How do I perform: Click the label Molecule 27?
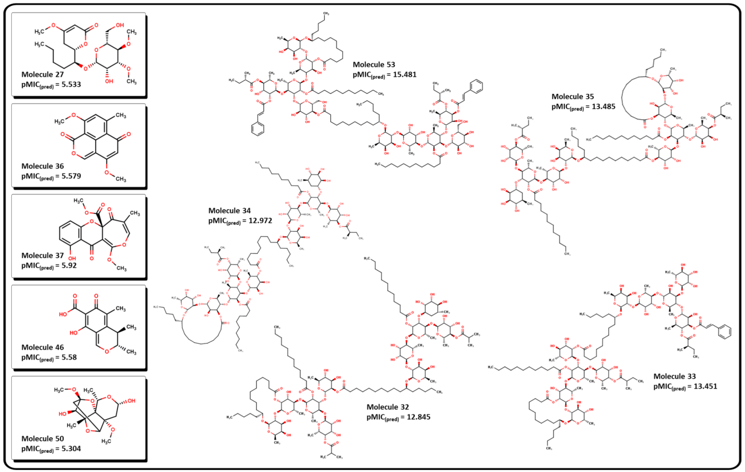click(42, 75)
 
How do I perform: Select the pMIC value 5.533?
click(71, 84)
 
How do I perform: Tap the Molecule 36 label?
click(42, 166)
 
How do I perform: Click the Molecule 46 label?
click(42, 347)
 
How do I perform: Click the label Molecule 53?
click(374, 65)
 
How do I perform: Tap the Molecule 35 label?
click(573, 96)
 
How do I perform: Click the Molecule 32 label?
click(388, 407)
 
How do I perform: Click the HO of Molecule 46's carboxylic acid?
click(63, 314)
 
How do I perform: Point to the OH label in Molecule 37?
click(72, 258)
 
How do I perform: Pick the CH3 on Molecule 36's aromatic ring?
click(121, 116)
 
